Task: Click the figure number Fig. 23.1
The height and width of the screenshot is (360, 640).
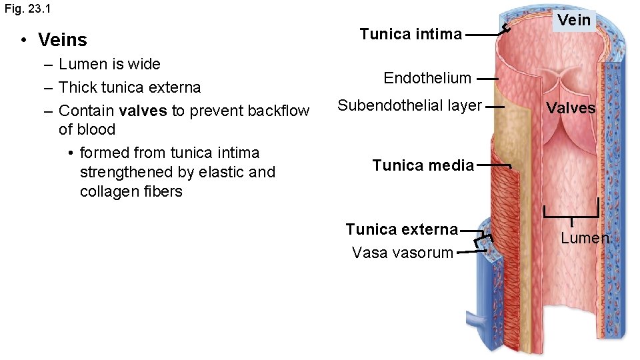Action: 31,9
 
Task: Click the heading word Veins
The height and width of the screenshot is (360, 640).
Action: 63,40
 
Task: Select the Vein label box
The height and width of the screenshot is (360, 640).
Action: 574,20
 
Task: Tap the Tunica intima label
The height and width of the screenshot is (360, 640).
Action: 411,33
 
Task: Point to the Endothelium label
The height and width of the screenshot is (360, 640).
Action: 427,78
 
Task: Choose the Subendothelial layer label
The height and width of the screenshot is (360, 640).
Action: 409,105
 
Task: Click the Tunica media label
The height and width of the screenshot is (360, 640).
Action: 423,165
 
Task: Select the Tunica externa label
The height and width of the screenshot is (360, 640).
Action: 401,229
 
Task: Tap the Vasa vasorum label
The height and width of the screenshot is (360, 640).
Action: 402,253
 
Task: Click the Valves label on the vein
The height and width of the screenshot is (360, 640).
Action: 571,108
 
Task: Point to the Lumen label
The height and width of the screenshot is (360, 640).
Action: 585,238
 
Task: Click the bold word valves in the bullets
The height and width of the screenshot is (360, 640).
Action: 143,111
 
